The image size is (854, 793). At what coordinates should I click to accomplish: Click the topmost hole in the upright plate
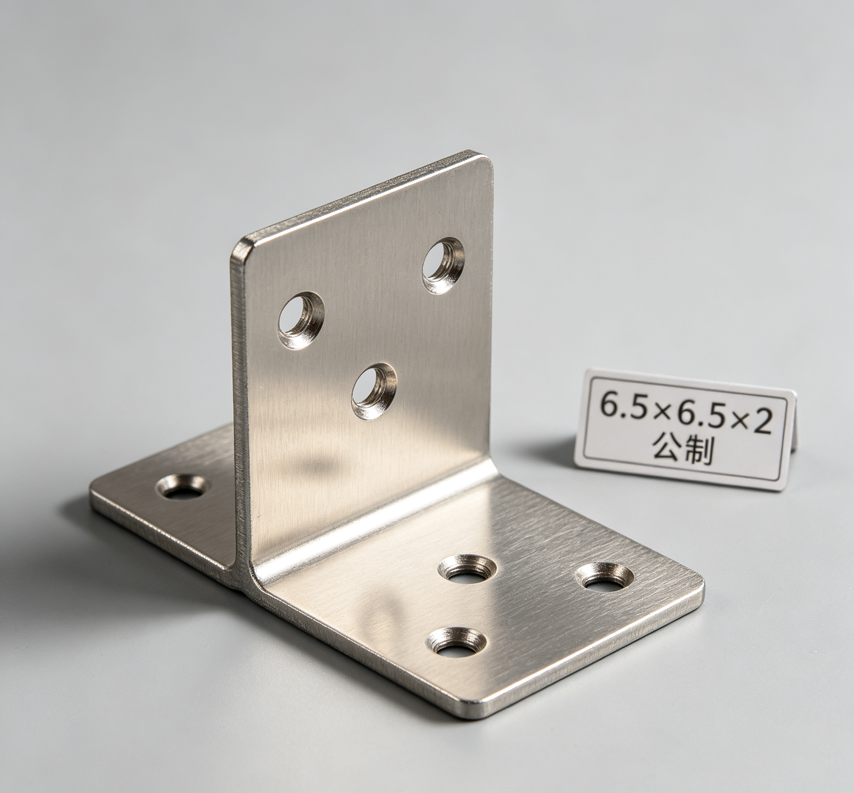coord(443,265)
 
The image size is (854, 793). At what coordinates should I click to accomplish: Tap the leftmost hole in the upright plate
coord(301,320)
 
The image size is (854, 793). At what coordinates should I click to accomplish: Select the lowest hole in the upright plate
coord(374,391)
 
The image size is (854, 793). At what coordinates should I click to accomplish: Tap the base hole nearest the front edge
coord(456,647)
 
